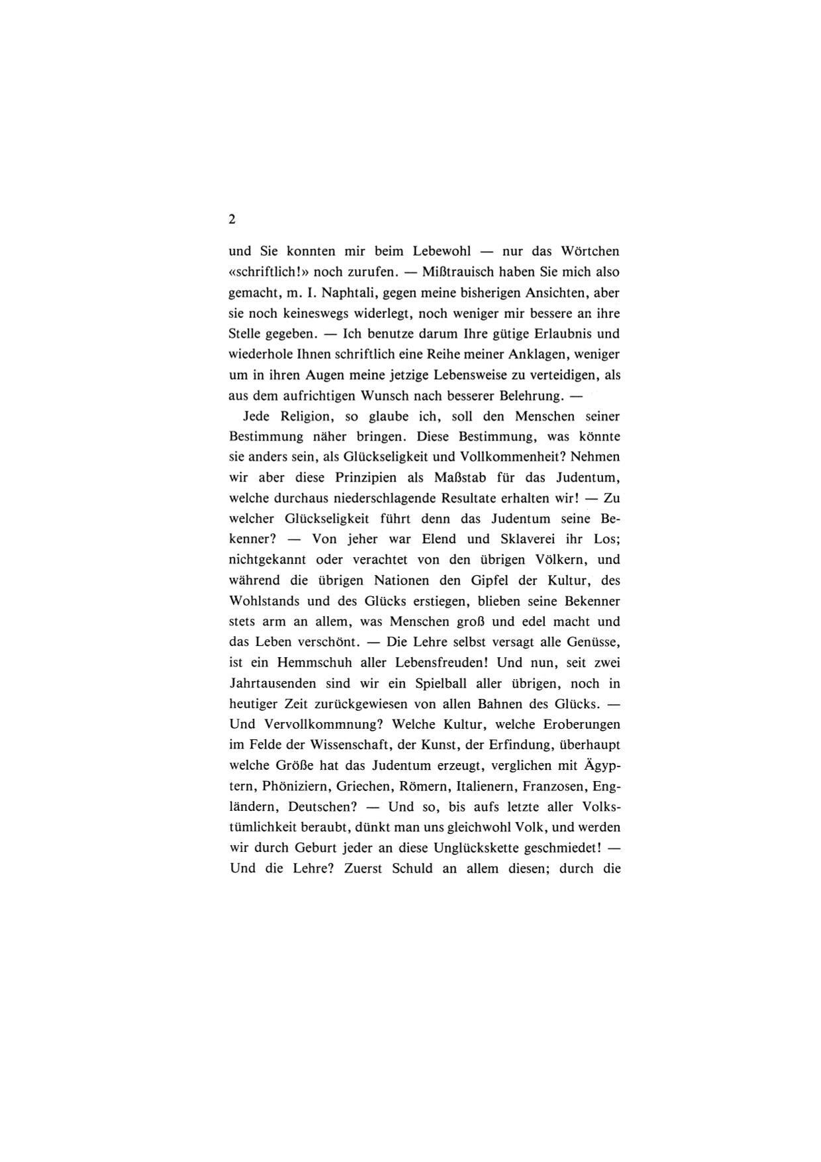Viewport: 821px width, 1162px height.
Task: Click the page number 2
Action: [232, 220]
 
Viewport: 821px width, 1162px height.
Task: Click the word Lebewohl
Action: [442, 252]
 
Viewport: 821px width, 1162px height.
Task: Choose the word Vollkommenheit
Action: [510, 457]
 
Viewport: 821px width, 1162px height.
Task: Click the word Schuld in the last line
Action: [412, 869]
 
